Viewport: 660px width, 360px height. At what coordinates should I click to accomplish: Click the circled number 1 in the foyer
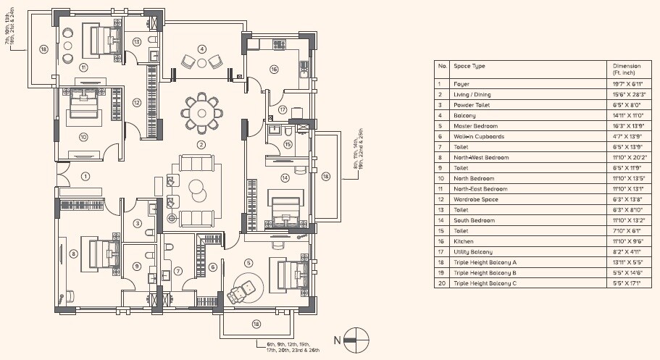coord(85,176)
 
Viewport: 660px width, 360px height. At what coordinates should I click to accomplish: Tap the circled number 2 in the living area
coord(201,144)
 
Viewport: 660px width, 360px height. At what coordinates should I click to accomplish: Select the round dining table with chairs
coord(201,112)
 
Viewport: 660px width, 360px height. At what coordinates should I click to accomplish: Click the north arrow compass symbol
coord(356,336)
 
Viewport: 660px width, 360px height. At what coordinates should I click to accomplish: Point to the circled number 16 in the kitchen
coord(274,70)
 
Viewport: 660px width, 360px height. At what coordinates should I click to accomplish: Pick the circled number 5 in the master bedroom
coord(248,262)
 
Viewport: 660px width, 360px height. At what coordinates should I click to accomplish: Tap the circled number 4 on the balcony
coord(201,49)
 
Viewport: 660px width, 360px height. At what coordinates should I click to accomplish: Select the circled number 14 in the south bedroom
coord(285,177)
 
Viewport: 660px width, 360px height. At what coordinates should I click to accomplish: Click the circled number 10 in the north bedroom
coord(83,136)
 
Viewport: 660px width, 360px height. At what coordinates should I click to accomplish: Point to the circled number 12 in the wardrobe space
coord(136,102)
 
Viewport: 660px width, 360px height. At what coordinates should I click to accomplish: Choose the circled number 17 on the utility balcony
coord(283,110)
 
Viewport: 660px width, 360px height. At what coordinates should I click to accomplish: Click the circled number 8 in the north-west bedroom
coord(73,254)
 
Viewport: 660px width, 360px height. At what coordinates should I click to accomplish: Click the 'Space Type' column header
coord(469,66)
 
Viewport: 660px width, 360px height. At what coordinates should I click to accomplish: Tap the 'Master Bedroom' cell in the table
coord(474,125)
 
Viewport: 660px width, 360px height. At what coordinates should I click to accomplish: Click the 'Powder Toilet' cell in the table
coord(470,104)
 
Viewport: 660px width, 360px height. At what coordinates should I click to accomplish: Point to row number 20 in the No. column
coord(440,283)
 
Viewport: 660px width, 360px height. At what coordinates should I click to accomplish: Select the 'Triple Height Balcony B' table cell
coord(485,272)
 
